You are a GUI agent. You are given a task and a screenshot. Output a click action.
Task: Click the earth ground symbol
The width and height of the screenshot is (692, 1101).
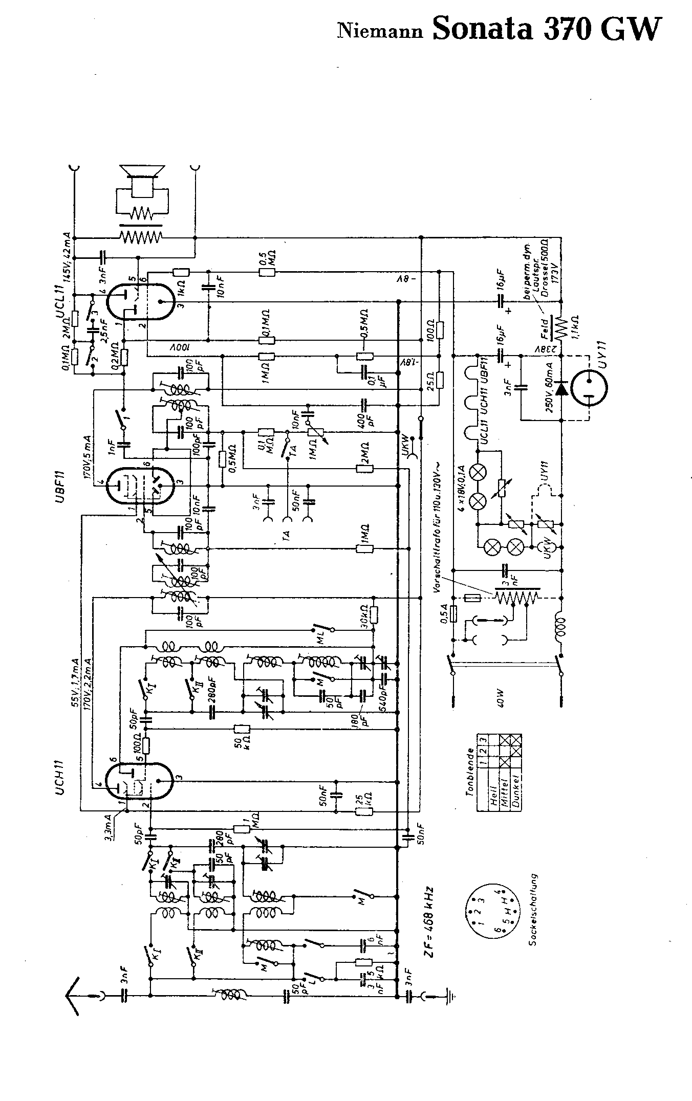point(450,996)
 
